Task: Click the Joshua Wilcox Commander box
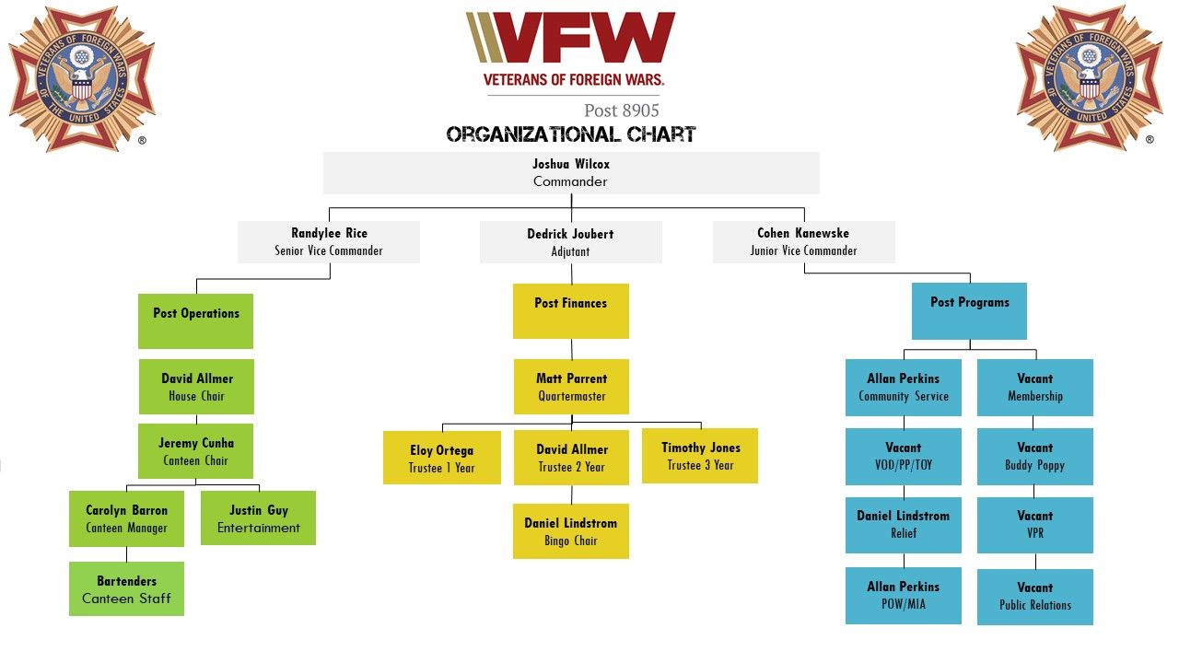(x=570, y=172)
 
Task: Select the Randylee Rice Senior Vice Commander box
(x=329, y=241)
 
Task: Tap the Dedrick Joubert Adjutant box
(x=570, y=241)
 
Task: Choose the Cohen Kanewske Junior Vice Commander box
(x=803, y=241)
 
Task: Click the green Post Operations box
(x=195, y=320)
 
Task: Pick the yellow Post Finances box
(x=570, y=310)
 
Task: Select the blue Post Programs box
(x=969, y=310)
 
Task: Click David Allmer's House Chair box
(x=196, y=387)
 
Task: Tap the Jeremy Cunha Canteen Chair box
(x=195, y=451)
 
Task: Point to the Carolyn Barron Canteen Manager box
(x=126, y=518)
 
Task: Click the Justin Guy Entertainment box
(x=258, y=518)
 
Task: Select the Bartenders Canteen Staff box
(x=126, y=589)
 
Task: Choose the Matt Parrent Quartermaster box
(x=571, y=387)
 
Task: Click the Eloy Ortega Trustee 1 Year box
(x=442, y=458)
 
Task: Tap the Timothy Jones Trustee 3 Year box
(x=700, y=456)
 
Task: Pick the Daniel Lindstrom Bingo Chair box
(x=571, y=531)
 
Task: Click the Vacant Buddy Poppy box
(x=1034, y=457)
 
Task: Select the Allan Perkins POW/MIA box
(x=903, y=596)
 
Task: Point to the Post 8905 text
(x=621, y=110)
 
